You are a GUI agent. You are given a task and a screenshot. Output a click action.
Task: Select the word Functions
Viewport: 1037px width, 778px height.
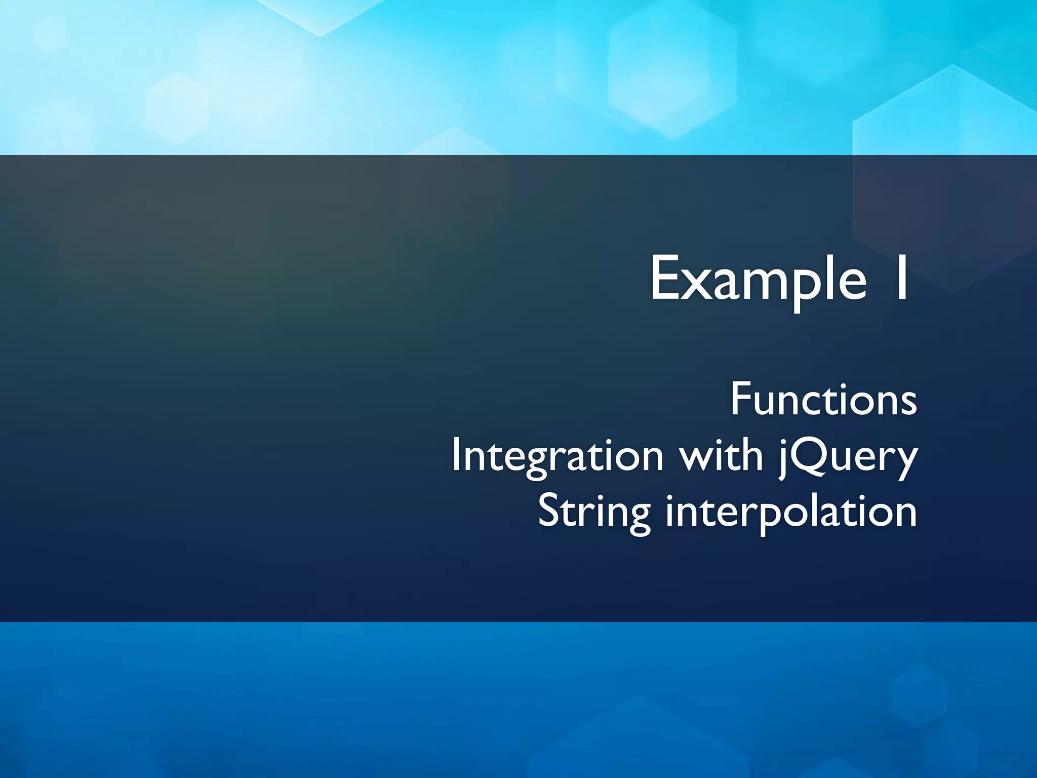(x=823, y=400)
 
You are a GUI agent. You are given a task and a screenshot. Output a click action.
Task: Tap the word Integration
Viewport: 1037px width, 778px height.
(x=557, y=456)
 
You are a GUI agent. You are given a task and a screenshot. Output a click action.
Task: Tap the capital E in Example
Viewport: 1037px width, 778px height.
(x=665, y=279)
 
